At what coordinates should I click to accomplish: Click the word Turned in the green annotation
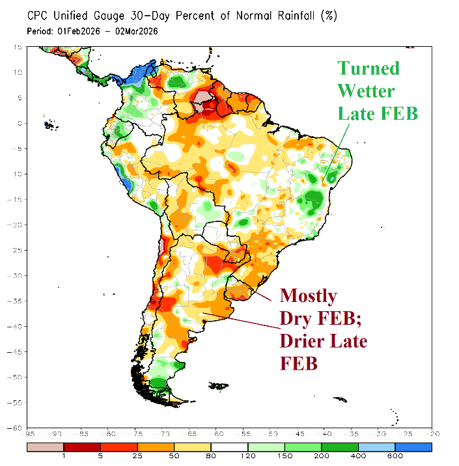pyautogui.click(x=369, y=68)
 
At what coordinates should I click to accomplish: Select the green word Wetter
pyautogui.click(x=366, y=90)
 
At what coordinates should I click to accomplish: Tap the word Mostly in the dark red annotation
pyautogui.click(x=309, y=296)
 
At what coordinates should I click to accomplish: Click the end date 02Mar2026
pyautogui.click(x=135, y=31)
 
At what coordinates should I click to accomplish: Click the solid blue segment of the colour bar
pyautogui.click(x=413, y=447)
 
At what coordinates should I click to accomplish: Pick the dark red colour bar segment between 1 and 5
pyautogui.click(x=81, y=447)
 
